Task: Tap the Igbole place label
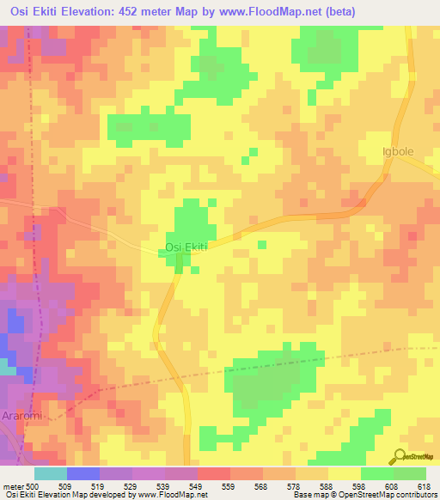tap(398, 152)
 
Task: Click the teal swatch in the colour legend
tap(51, 473)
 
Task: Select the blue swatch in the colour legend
tap(83, 473)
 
